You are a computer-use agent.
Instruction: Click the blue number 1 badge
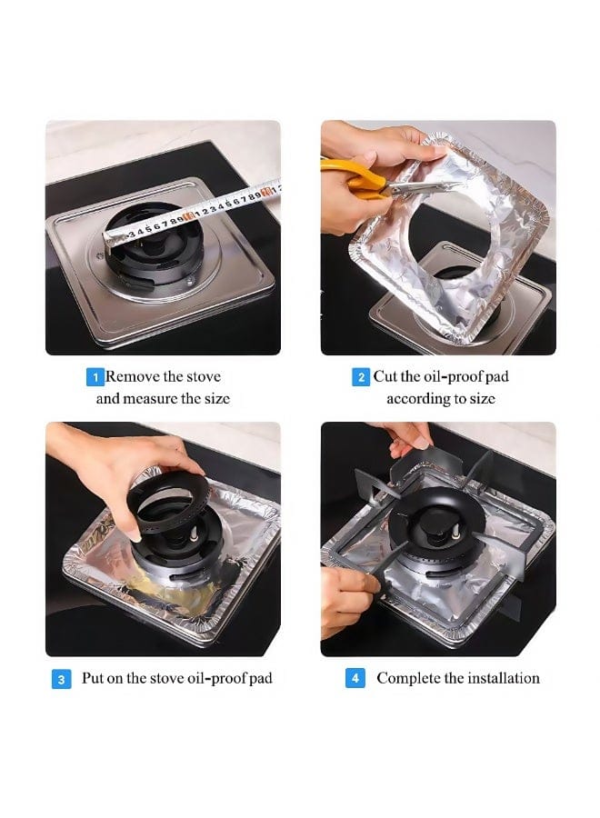tap(95, 377)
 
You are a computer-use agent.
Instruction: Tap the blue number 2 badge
tap(361, 377)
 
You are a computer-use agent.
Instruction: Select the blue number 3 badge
tap(61, 679)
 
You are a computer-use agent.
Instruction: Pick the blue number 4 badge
tap(355, 678)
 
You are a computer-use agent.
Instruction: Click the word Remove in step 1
tap(133, 376)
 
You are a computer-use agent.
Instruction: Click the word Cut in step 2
tap(385, 376)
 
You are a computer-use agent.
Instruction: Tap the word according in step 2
tap(418, 399)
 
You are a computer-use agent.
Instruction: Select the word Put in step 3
tap(93, 678)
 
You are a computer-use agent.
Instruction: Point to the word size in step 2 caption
tap(483, 399)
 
